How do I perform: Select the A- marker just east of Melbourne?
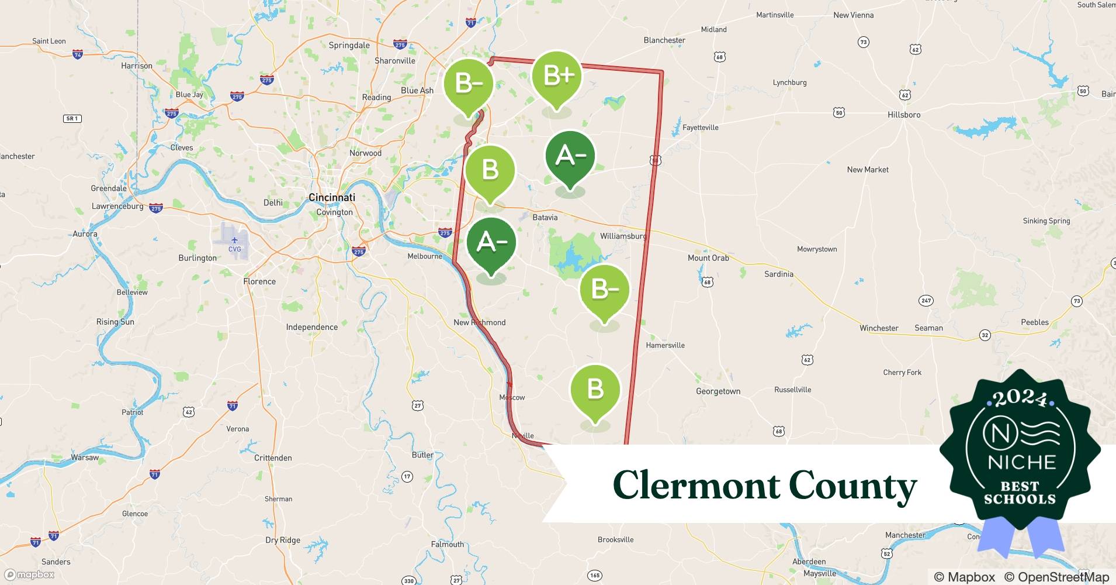(491, 243)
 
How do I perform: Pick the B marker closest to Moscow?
(595, 390)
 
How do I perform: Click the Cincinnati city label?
(331, 198)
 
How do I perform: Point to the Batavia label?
(545, 218)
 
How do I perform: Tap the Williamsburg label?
(623, 236)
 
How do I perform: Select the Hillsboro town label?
(903, 115)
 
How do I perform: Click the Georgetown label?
(718, 391)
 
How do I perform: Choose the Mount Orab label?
(708, 258)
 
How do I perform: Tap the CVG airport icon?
(234, 241)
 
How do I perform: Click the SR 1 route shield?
(72, 119)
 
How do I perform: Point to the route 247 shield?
(926, 301)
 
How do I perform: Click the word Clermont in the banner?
(695, 486)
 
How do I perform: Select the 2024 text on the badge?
(1020, 399)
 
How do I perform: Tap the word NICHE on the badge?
(1021, 462)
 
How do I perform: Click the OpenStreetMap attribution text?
(1056, 577)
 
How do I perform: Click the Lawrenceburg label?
(117, 207)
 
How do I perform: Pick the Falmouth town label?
(447, 545)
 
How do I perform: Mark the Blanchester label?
(664, 40)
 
